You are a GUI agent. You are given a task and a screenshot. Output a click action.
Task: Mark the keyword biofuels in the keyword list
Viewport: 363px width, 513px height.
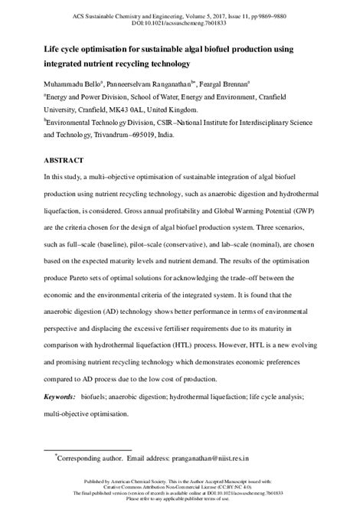click(103, 397)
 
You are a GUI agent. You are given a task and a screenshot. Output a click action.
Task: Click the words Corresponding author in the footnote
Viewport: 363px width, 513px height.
click(91, 465)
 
